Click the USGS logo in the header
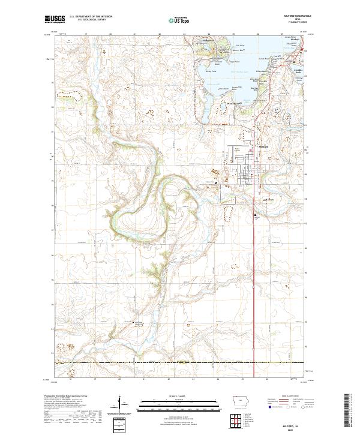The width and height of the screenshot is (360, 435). [55, 20]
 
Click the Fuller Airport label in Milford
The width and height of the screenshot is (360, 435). [236, 150]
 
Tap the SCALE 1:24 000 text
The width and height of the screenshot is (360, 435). [179, 396]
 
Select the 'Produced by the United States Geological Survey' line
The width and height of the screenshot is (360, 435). [66, 396]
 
